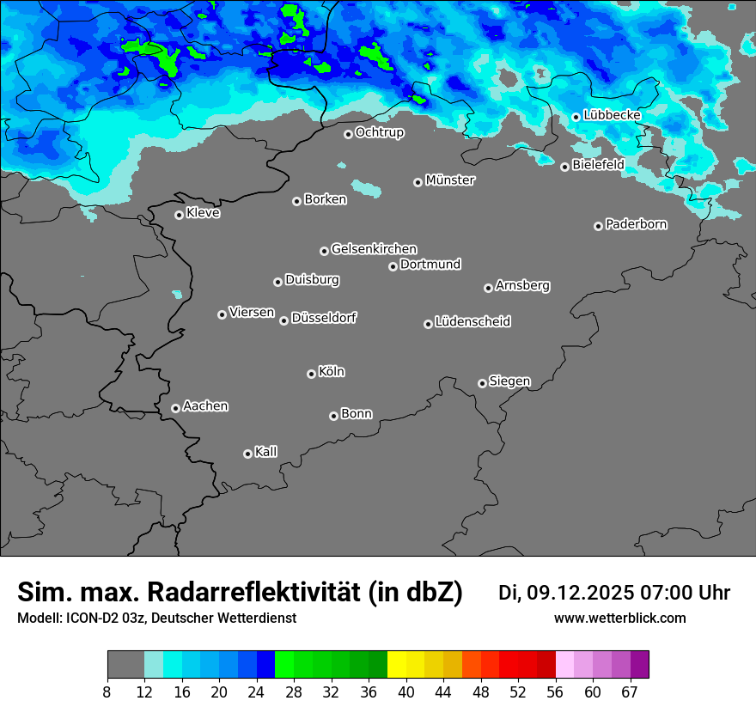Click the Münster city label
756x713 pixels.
point(450,180)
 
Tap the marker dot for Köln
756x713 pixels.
point(311,374)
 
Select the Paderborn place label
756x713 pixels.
point(637,224)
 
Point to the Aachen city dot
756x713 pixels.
point(175,408)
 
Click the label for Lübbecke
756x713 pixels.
point(612,115)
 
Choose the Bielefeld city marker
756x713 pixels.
point(564,167)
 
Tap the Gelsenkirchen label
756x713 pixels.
point(374,249)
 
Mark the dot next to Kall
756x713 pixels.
point(247,454)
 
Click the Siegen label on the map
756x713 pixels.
point(509,381)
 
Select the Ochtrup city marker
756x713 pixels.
point(348,134)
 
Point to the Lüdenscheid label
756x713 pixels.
point(472,322)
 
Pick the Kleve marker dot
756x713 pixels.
point(179,215)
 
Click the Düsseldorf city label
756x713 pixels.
point(324,318)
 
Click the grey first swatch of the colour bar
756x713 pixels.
point(125,665)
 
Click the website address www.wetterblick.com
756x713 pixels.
point(619,619)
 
